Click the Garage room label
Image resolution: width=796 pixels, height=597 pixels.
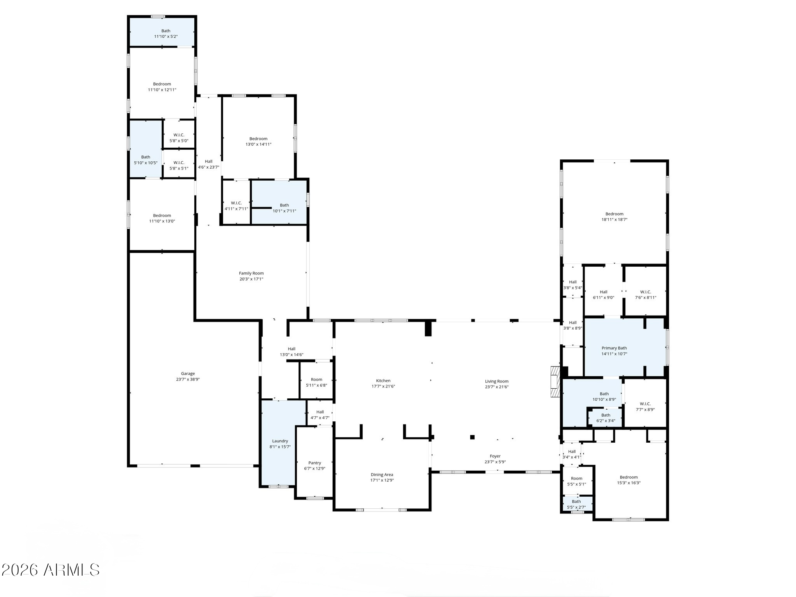tap(188, 374)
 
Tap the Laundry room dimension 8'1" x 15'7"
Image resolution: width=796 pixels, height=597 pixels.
tap(280, 447)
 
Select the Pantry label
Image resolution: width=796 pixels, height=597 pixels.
tap(315, 463)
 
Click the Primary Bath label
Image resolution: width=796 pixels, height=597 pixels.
tap(614, 348)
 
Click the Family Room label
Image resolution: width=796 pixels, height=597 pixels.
tap(251, 273)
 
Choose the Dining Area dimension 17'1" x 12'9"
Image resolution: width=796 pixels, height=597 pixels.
tap(382, 480)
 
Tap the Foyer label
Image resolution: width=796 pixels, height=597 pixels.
tap(495, 456)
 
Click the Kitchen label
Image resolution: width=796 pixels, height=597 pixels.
tap(383, 381)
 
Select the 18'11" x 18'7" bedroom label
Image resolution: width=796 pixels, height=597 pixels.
tap(614, 214)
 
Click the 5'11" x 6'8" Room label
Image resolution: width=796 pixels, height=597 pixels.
tap(316, 379)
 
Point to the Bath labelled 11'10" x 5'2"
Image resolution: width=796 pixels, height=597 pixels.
tap(166, 31)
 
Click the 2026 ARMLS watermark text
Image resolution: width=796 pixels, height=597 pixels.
tap(51, 570)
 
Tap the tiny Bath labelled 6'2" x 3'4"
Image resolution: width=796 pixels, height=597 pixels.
tap(606, 415)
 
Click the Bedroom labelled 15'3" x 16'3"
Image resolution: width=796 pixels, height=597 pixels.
tap(628, 477)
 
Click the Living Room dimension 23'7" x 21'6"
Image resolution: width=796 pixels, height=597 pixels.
tap(496, 387)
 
